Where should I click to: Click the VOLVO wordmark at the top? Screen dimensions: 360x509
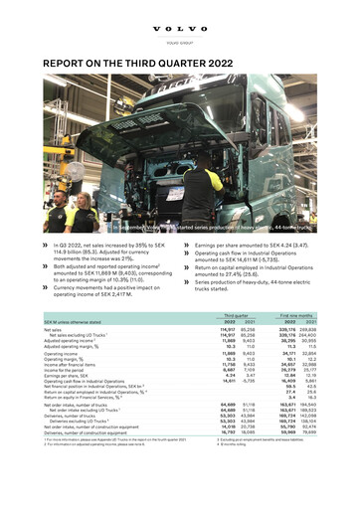(180, 13)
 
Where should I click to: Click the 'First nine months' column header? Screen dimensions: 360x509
(300, 345)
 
